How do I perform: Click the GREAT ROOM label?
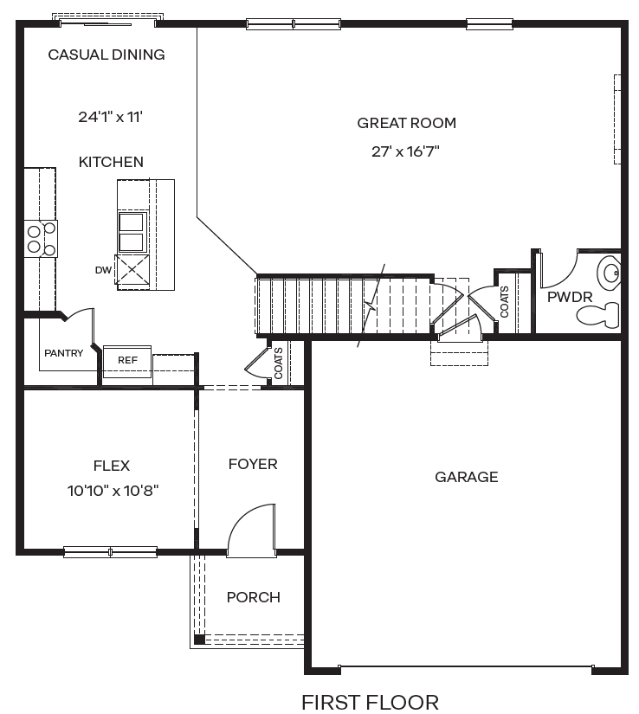point(406,123)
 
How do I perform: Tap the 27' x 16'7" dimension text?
point(406,151)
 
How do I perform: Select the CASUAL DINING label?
point(106,55)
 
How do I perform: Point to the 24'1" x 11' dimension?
point(109,116)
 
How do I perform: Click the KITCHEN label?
point(111,162)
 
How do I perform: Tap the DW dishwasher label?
point(103,270)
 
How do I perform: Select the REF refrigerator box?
point(127,359)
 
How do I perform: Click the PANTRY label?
point(63,353)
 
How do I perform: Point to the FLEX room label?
point(112,466)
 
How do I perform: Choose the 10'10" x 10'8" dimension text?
point(113,491)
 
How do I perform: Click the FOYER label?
point(253,464)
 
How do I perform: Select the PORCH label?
point(253,597)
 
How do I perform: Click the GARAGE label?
point(466,477)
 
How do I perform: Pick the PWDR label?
point(570,297)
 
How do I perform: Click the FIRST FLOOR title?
point(370,702)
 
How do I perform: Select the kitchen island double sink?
point(131,232)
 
